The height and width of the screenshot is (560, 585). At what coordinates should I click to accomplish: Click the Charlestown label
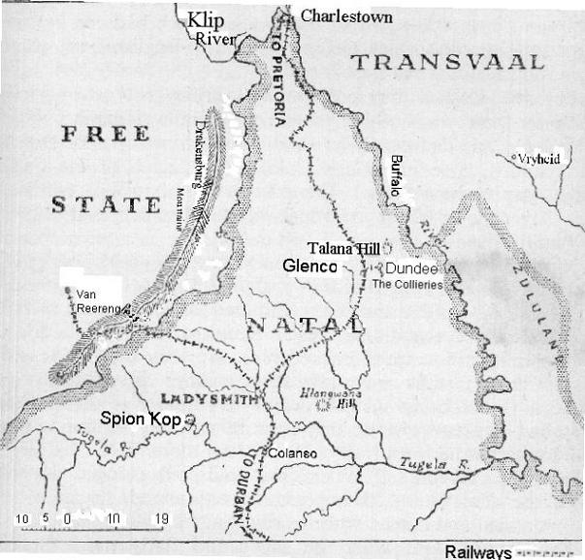346,16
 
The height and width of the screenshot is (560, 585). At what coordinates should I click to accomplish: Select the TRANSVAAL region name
446,63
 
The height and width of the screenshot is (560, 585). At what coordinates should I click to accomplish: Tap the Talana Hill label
341,248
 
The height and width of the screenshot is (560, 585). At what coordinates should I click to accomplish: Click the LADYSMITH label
210,398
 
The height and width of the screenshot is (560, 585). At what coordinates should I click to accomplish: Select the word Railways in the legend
477,551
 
